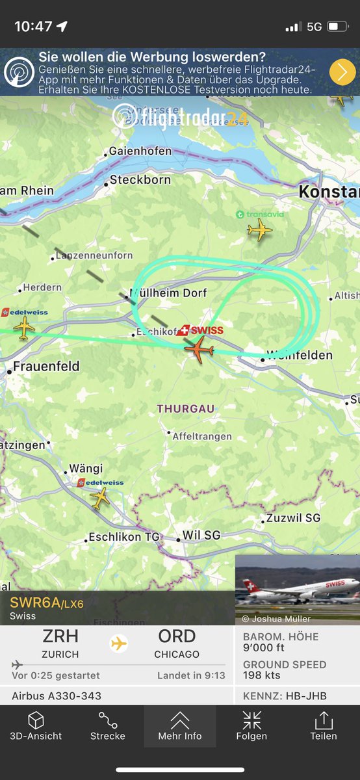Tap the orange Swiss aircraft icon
pyautogui.click(x=199, y=348)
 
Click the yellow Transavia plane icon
pyautogui.click(x=259, y=230)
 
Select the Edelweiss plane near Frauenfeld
pyautogui.click(x=24, y=327)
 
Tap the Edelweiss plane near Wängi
pyautogui.click(x=100, y=498)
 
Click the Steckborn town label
pyautogui.click(x=140, y=180)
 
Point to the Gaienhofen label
pyautogui.click(x=140, y=151)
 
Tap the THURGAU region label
pyautogui.click(x=185, y=409)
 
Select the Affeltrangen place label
pyautogui.click(x=202, y=437)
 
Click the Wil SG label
pyautogui.click(x=201, y=536)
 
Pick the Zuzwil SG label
pyautogui.click(x=294, y=518)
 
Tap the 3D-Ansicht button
pyautogui.click(x=36, y=726)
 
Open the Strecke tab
pyautogui.click(x=108, y=726)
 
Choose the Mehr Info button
pyautogui.click(x=180, y=726)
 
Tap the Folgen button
pyautogui.click(x=251, y=726)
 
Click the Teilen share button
pyautogui.click(x=324, y=726)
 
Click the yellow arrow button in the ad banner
pyautogui.click(x=342, y=71)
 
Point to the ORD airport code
pyautogui.click(x=177, y=636)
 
